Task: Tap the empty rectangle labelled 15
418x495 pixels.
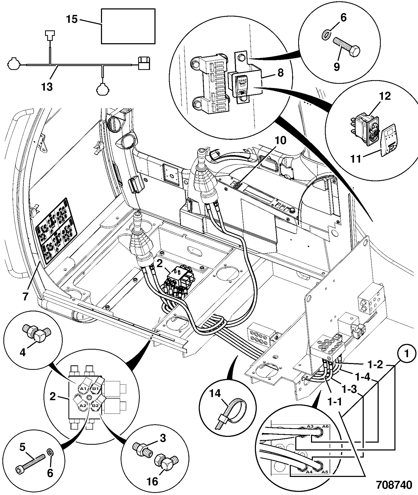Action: [x=128, y=26]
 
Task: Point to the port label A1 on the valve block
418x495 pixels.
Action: [x=83, y=388]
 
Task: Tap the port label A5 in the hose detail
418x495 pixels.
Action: [x=325, y=472]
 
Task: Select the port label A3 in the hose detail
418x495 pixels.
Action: [x=310, y=426]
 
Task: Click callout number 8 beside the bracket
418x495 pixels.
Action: [x=280, y=73]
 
